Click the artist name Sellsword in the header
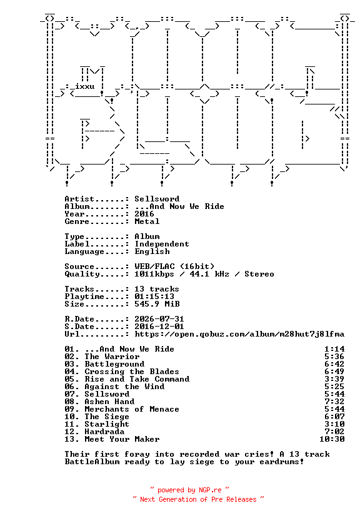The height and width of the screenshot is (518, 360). (x=157, y=199)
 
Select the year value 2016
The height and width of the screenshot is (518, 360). (x=144, y=214)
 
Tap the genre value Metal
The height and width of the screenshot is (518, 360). (x=147, y=221)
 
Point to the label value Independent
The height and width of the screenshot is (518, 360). (x=162, y=244)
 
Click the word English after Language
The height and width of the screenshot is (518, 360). (x=152, y=251)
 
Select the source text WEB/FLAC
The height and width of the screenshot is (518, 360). (x=154, y=267)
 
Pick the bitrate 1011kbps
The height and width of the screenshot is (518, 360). (x=154, y=274)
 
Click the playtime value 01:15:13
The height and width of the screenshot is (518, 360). (x=154, y=297)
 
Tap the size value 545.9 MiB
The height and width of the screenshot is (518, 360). (x=157, y=304)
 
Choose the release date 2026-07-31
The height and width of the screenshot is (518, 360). (x=159, y=319)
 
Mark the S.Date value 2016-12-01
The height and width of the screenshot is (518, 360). (x=159, y=327)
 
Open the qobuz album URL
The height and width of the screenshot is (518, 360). (x=239, y=334)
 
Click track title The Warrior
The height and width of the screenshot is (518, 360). (x=112, y=357)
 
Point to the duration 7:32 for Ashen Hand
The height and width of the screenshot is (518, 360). (x=334, y=402)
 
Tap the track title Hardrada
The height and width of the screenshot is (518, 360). (x=104, y=432)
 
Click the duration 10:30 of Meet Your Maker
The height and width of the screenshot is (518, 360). (x=332, y=439)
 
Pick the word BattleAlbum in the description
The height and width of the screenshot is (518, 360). (x=92, y=462)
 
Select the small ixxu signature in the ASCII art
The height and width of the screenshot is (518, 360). (x=85, y=86)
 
